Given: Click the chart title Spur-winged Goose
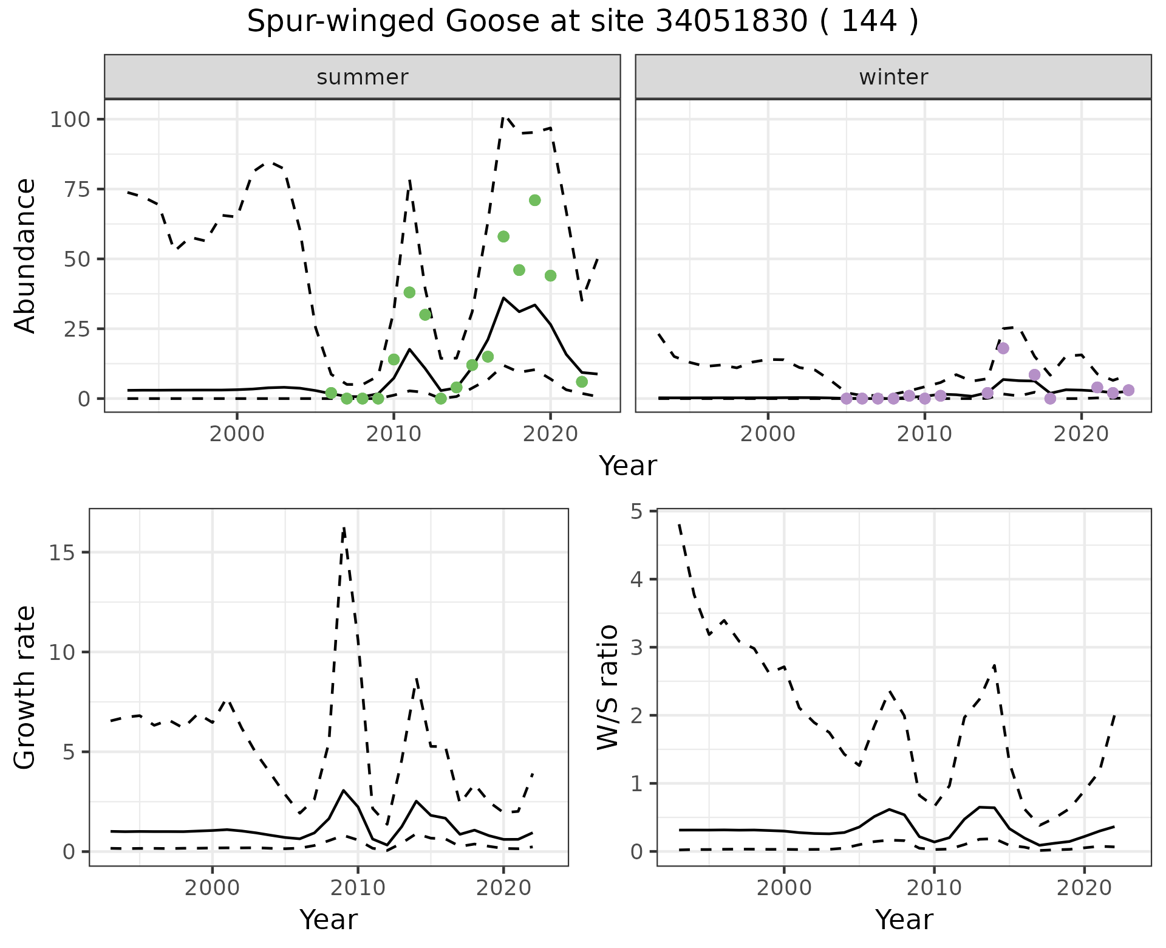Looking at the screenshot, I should click(582, 22).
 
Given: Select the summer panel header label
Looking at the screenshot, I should click(363, 77).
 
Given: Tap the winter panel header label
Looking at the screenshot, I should click(893, 77).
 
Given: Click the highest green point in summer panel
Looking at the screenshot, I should click(534, 201).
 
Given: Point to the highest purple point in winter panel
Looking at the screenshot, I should click(1003, 348).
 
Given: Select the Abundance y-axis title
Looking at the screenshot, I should click(26, 256).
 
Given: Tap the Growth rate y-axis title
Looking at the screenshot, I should click(26, 687).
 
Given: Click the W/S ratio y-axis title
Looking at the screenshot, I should click(607, 687).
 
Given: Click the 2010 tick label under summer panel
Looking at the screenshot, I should click(394, 435).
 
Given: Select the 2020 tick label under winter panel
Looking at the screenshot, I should click(1081, 435).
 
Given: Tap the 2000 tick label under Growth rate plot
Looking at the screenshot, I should click(212, 888).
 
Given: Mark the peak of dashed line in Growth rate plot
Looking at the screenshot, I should click(344, 528).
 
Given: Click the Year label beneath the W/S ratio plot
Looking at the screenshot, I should click(904, 919).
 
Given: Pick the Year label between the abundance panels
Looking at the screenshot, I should click(628, 466).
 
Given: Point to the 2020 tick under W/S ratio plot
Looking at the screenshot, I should click(1084, 888).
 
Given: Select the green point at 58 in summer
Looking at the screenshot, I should click(503, 236).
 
